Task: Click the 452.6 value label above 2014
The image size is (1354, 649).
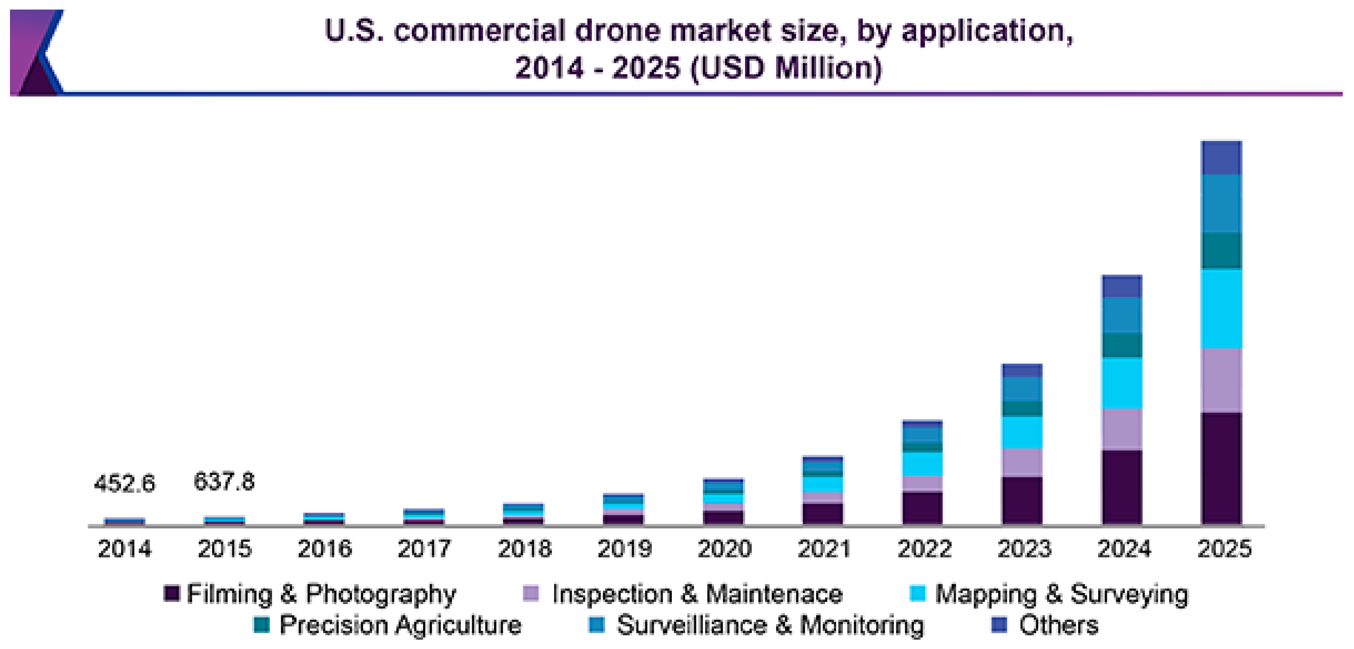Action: pos(124,483)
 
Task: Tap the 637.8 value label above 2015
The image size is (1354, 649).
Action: pos(224,481)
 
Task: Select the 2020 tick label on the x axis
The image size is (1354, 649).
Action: pos(724,549)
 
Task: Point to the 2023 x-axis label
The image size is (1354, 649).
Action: pos(1024,549)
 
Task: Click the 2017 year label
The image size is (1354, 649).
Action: pos(424,549)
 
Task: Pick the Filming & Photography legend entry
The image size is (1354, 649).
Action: pos(310,594)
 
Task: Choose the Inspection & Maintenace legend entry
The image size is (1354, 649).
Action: pos(683,594)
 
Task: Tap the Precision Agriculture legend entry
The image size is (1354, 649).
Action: pos(388,625)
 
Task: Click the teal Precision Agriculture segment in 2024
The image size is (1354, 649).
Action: pos(1121,345)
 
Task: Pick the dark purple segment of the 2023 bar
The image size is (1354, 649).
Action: pos(1022,500)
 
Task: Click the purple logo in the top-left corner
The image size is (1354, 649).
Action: pos(34,52)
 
